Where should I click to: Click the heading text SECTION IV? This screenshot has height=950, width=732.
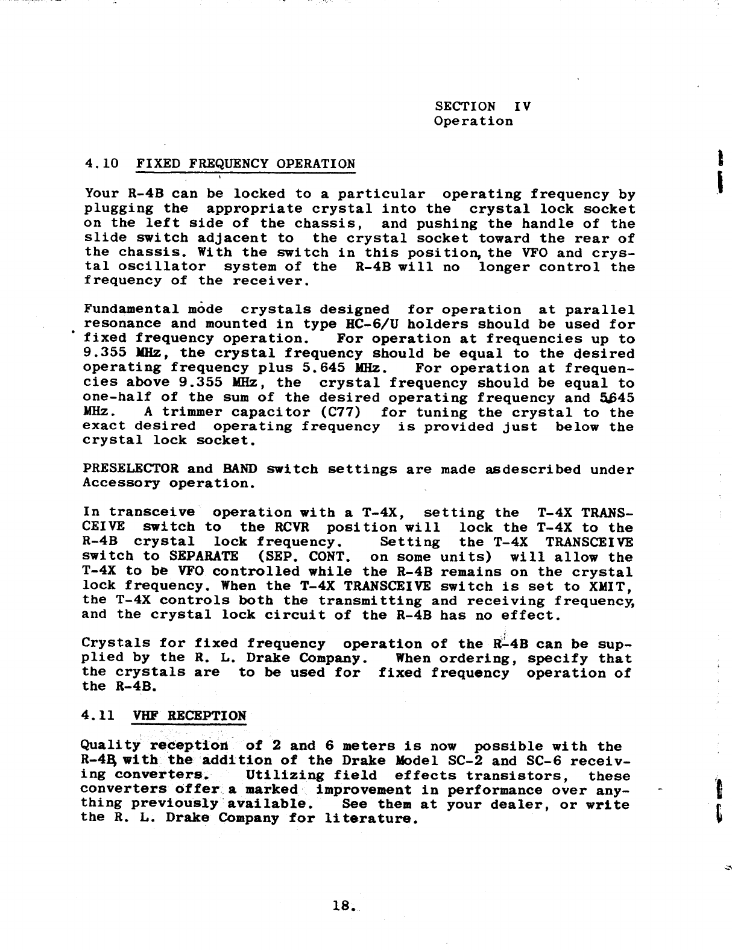pyautogui.click(x=482, y=107)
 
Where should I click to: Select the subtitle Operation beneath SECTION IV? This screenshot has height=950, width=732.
pyautogui.click(x=473, y=121)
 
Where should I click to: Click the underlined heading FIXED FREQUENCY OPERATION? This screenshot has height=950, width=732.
pyautogui.click(x=246, y=164)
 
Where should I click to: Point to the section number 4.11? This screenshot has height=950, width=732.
pyautogui.click(x=100, y=716)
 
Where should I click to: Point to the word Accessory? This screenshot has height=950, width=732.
pyautogui.click(x=121, y=483)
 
